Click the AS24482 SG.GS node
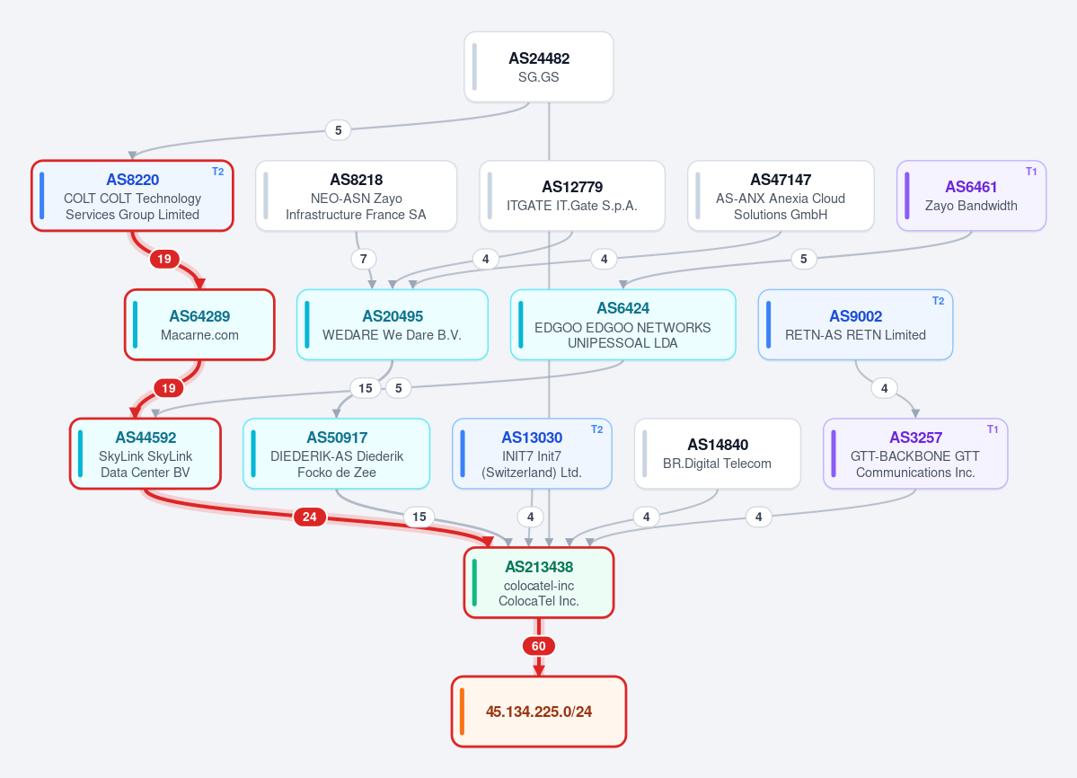(x=539, y=67)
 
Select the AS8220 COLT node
(x=133, y=196)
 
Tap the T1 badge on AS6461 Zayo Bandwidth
(x=1031, y=172)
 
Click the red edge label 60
(x=539, y=646)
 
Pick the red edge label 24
(x=310, y=517)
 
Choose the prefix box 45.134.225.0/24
(x=539, y=712)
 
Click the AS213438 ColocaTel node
(x=539, y=583)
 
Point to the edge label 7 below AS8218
(x=364, y=259)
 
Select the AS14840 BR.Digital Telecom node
(x=717, y=454)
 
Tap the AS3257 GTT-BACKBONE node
(x=915, y=454)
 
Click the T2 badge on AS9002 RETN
(x=938, y=301)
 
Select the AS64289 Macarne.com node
(x=200, y=325)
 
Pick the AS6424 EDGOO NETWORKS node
(x=623, y=325)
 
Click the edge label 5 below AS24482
(x=338, y=130)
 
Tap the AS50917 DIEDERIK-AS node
(x=337, y=454)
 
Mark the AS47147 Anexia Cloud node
(x=781, y=196)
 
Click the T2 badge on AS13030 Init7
(x=596, y=429)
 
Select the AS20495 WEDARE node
(x=393, y=325)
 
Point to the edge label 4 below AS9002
(x=884, y=389)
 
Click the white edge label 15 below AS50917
(x=419, y=517)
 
